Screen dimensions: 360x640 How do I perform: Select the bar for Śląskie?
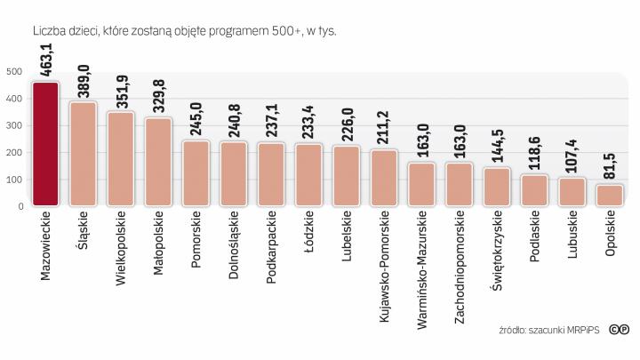tap(83, 155)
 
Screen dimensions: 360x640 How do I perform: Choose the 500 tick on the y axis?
tap(14, 72)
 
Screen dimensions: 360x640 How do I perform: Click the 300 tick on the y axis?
tap(14, 126)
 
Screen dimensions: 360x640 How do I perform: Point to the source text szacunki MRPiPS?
tap(561, 331)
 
